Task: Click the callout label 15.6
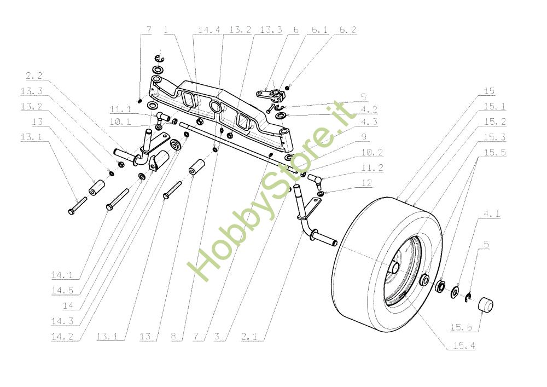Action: tap(461, 327)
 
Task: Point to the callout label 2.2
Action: tap(34, 76)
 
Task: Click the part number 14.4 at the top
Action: tap(208, 30)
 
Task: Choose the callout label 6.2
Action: tap(347, 30)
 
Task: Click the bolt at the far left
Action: tap(77, 207)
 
